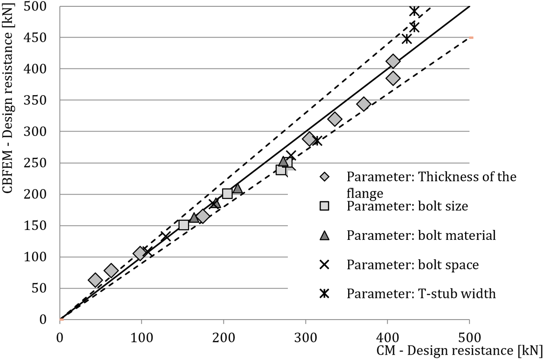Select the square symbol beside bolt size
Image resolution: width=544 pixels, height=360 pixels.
click(324, 206)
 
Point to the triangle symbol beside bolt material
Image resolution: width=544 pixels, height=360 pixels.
click(324, 236)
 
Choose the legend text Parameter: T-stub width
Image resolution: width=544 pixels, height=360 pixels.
click(421, 294)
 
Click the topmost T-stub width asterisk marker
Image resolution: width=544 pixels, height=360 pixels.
click(414, 11)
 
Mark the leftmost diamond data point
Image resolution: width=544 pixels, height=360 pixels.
click(95, 280)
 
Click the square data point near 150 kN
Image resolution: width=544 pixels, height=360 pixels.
click(184, 225)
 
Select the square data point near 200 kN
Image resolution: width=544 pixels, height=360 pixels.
click(228, 194)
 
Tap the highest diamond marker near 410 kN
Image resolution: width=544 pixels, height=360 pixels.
click(393, 61)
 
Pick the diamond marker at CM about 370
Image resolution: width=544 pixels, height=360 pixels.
click(364, 104)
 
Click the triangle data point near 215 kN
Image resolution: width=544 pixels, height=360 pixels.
click(237, 189)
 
